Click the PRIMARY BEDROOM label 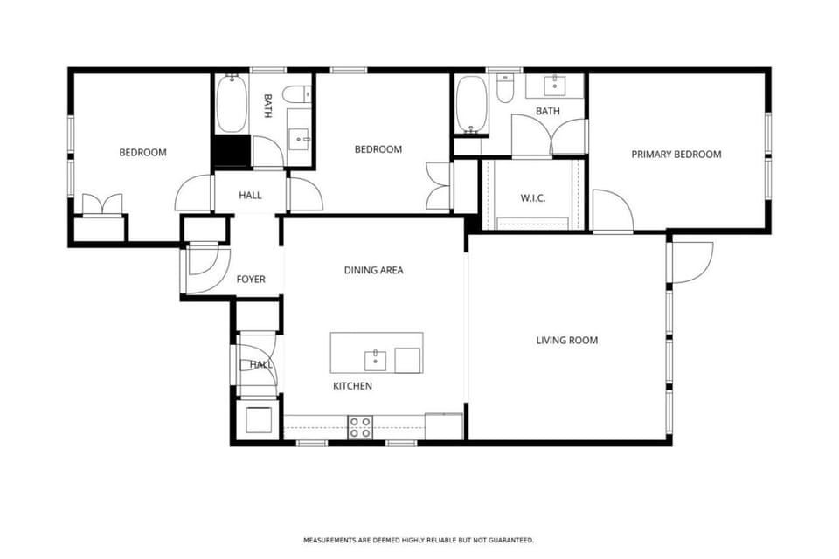pos(676,155)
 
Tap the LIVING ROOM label pos(566,340)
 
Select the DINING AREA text pos(373,270)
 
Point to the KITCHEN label pos(352,385)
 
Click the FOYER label pos(251,279)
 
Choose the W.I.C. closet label pos(533,198)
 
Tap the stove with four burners pos(360,426)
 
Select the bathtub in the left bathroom pos(232,105)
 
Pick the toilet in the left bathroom pos(298,93)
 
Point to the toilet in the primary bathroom pos(505,89)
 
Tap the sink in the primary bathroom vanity pos(555,86)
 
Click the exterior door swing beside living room pos(690,262)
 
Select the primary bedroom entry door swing pos(612,210)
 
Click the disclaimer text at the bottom pos(419,540)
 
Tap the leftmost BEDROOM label pos(142,153)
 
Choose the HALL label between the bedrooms pos(250,196)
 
